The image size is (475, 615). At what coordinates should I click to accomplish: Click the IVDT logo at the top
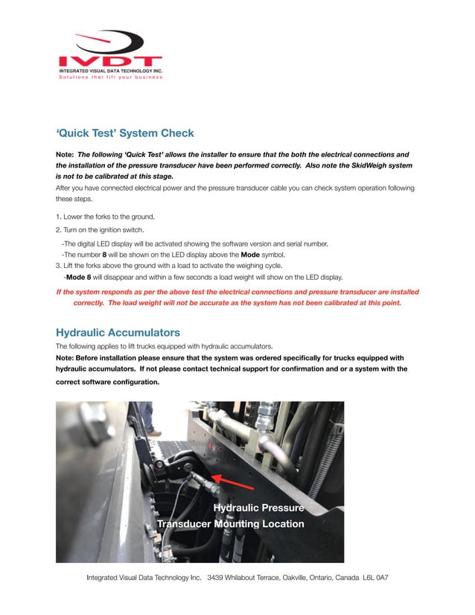pyautogui.click(x=109, y=55)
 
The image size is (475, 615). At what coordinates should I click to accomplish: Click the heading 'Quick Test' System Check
pyautogui.click(x=124, y=133)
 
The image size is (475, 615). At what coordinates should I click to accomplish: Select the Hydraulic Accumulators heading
pyautogui.click(x=118, y=331)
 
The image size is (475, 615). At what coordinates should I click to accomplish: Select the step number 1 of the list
pyautogui.click(x=58, y=216)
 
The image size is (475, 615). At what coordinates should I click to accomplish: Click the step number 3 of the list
pyautogui.click(x=58, y=265)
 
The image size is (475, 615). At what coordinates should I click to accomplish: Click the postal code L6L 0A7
pyautogui.click(x=375, y=578)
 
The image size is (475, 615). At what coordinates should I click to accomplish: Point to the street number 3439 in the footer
pyautogui.click(x=216, y=578)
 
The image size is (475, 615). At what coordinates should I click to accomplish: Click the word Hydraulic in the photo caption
pyautogui.click(x=238, y=508)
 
